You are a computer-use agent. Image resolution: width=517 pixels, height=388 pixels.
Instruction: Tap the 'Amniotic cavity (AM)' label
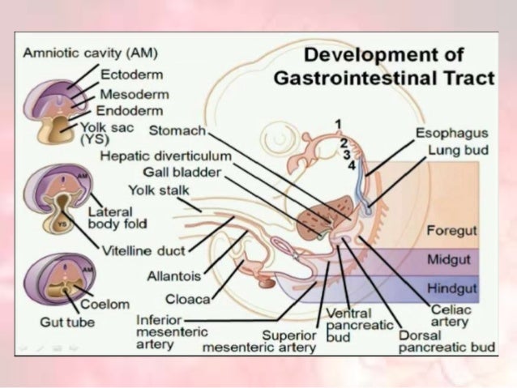91,53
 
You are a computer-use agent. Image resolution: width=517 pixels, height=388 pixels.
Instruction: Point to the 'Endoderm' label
130,110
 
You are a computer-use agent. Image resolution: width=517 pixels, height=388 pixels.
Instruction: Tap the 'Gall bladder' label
178,173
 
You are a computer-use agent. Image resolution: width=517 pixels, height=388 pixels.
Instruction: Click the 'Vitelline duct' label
143,249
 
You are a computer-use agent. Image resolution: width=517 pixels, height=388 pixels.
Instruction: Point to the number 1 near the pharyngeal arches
339,122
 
